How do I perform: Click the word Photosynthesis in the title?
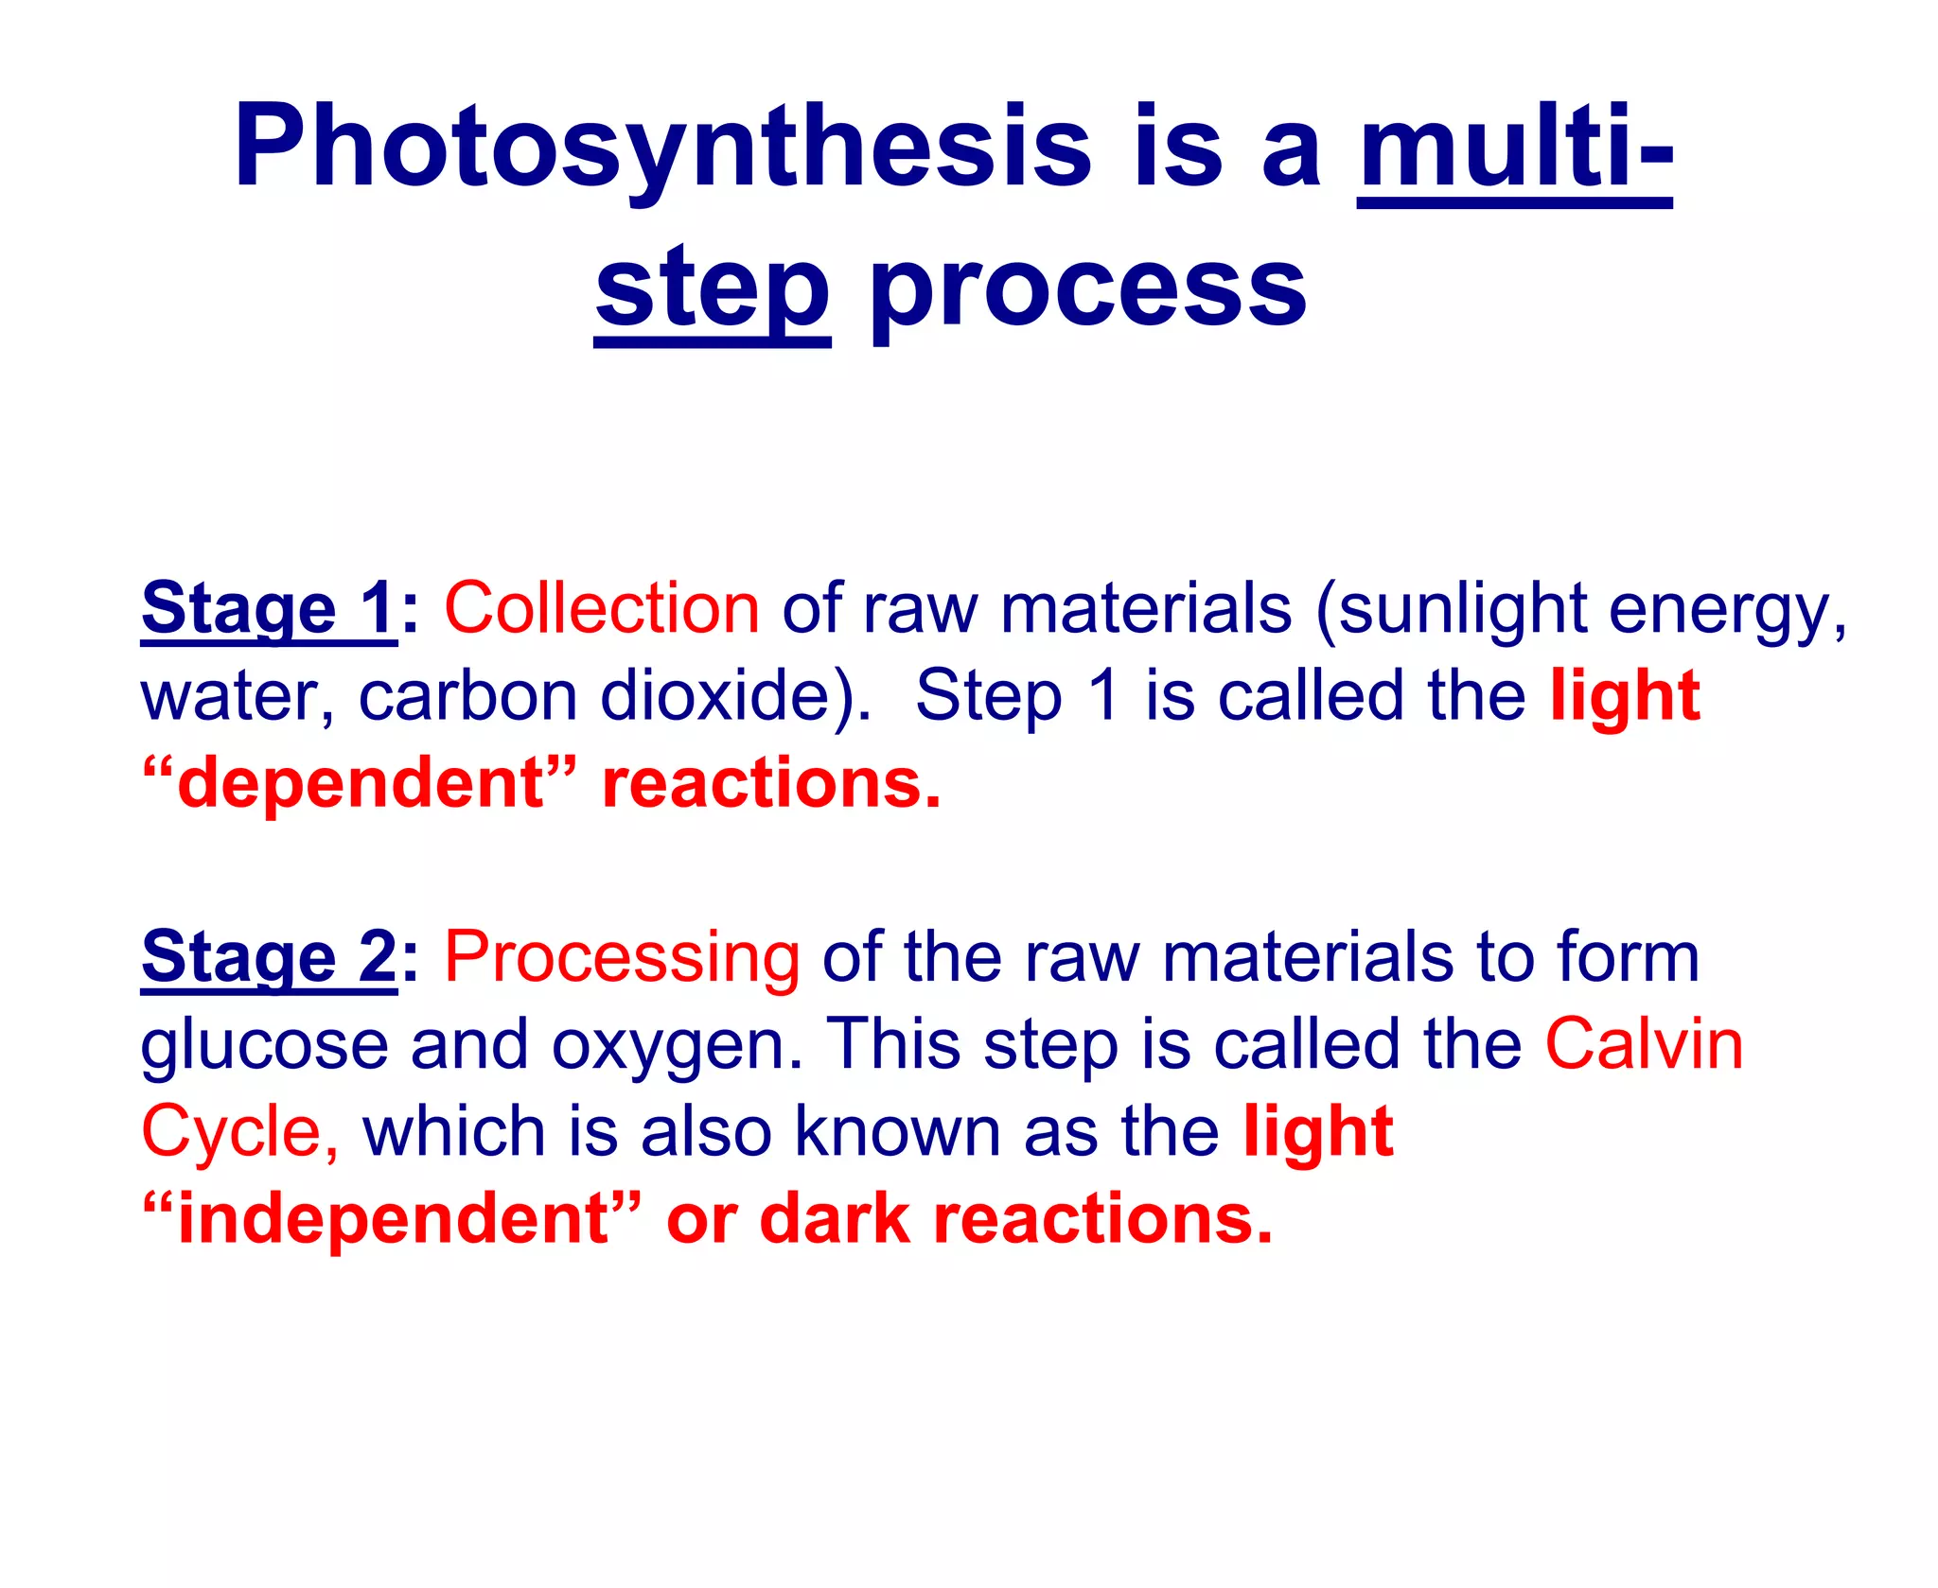[x=662, y=148]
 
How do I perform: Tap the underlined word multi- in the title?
[x=1514, y=148]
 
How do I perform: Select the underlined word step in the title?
[x=712, y=288]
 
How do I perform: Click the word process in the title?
[x=1088, y=288]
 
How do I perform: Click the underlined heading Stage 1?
[x=269, y=608]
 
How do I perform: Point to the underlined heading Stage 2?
[x=269, y=957]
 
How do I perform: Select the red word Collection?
[x=602, y=608]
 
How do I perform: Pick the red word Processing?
[x=622, y=957]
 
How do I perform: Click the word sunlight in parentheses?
[x=1464, y=608]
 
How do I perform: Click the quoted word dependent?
[x=360, y=783]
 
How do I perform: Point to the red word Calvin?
[x=1644, y=1044]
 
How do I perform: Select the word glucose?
[x=264, y=1046]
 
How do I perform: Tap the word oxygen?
[x=676, y=1046]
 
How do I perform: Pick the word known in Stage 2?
[x=897, y=1131]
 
